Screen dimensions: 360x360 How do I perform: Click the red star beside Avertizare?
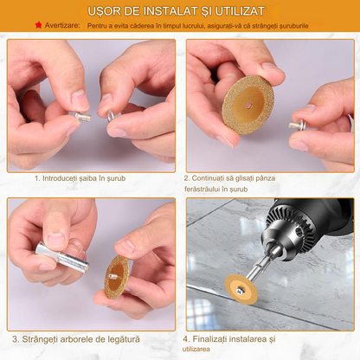38,25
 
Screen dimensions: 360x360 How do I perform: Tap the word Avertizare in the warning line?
62,25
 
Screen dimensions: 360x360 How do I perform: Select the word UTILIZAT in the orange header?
240,11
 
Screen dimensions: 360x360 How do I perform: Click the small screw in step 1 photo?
83,116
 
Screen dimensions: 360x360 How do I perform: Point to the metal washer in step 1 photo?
110,116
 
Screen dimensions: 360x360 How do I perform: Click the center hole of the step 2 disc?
248,105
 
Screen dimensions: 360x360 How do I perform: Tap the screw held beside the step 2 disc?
298,125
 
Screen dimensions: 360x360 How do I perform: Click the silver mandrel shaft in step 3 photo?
62,257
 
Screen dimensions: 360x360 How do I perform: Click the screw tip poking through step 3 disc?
114,277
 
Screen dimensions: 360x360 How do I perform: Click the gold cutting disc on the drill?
241,291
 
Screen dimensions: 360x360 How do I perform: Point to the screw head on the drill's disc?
240,292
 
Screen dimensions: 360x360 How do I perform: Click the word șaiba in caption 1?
87,178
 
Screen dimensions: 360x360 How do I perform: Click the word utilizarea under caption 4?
196,349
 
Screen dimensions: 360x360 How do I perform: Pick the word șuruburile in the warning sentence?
292,26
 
